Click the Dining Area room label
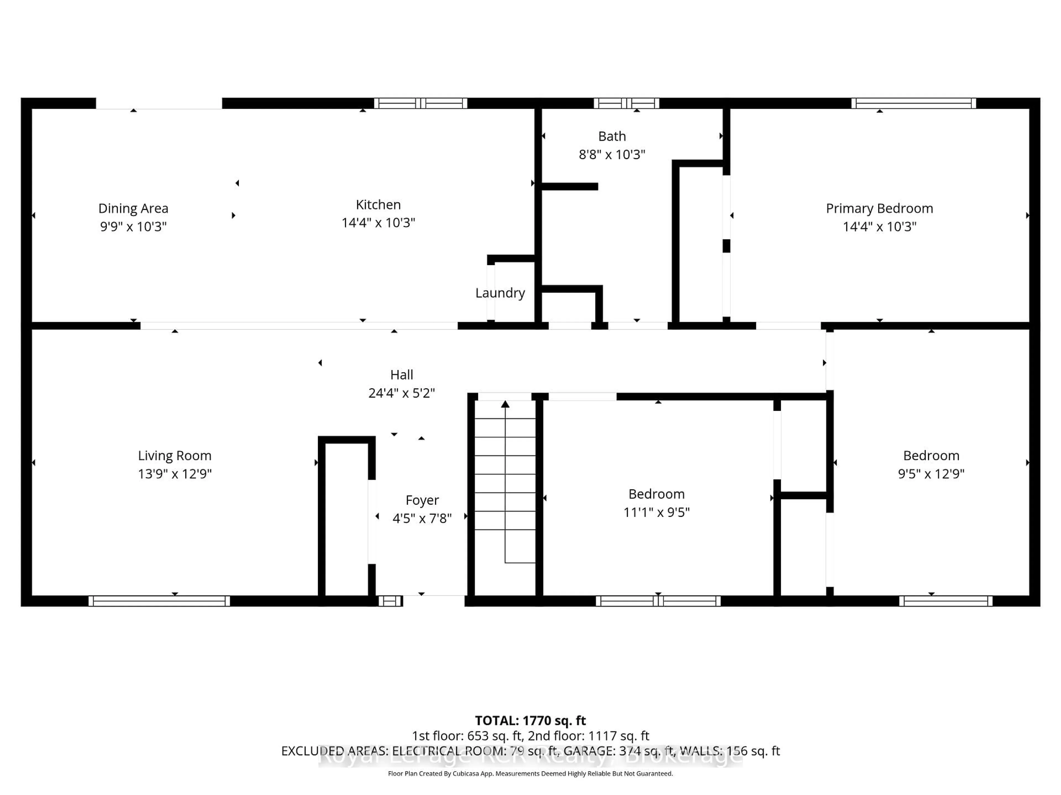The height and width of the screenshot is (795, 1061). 133,208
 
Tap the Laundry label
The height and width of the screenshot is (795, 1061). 500,293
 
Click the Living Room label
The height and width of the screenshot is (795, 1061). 175,456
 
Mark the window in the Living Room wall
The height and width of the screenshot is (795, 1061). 159,601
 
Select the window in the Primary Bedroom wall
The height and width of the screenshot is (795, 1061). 913,103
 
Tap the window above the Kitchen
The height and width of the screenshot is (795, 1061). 420,103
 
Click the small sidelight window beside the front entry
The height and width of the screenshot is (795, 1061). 390,601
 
